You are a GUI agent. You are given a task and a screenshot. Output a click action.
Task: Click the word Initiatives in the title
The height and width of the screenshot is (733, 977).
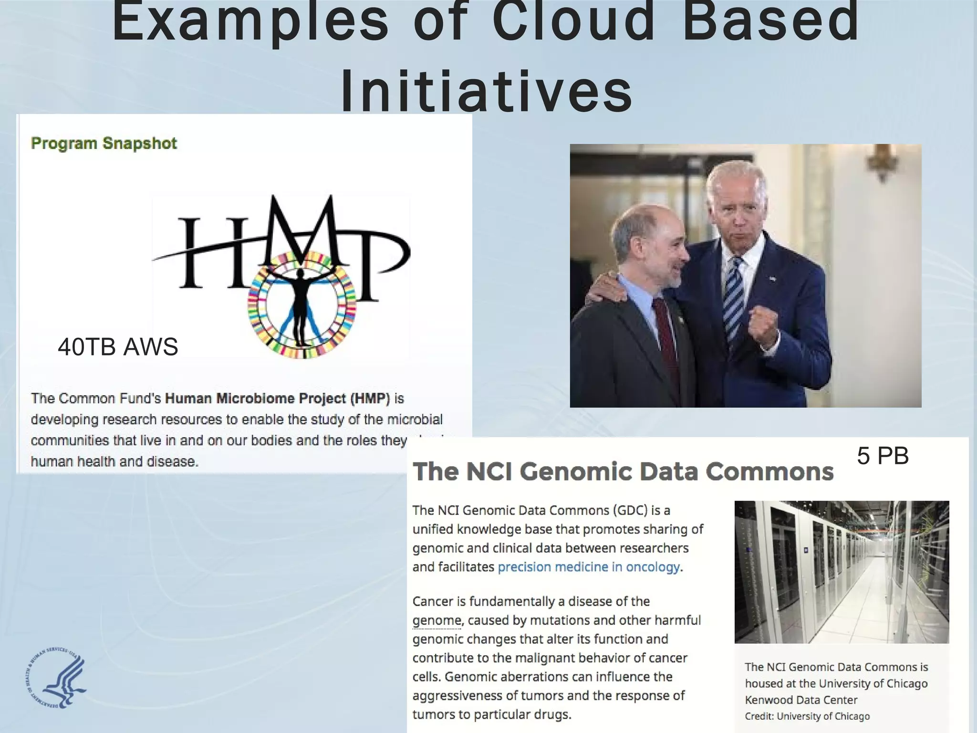(487, 91)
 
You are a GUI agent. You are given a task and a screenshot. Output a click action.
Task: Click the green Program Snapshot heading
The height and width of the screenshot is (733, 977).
(104, 143)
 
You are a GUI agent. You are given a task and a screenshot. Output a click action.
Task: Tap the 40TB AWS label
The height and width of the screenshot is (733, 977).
(118, 346)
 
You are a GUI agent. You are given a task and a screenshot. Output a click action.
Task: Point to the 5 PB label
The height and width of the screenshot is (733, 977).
(883, 456)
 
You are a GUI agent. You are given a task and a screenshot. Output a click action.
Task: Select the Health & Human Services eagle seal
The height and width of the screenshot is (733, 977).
(56, 679)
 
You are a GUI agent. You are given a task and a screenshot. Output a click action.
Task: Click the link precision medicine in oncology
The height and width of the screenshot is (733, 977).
(589, 567)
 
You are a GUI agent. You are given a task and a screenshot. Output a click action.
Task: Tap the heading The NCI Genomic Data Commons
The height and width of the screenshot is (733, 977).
(623, 471)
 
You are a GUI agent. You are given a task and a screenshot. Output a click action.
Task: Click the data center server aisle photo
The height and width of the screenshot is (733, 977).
(842, 572)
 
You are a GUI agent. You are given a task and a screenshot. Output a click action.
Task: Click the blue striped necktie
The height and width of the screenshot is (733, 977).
(733, 296)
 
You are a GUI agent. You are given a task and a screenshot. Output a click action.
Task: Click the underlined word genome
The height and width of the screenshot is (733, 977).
(437, 620)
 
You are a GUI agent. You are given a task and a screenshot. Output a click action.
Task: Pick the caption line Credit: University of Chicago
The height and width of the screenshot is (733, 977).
(807, 716)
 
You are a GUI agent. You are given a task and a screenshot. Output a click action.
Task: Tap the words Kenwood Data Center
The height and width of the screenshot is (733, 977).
(801, 700)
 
